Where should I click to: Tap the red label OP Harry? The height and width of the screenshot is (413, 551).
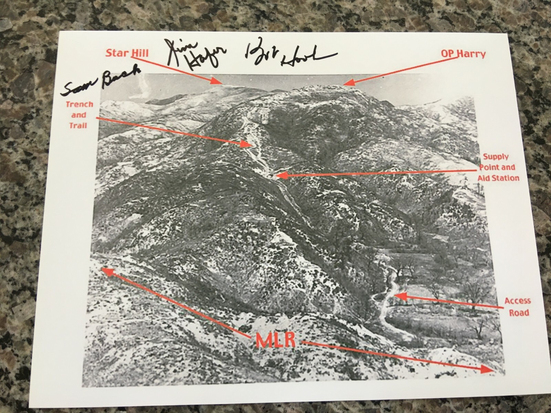(463, 54)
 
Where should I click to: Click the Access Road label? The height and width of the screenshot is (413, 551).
(517, 307)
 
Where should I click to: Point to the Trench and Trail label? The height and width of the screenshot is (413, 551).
(79, 114)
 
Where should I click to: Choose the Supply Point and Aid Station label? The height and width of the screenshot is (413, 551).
(498, 167)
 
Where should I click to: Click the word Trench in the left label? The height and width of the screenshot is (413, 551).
(79, 104)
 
